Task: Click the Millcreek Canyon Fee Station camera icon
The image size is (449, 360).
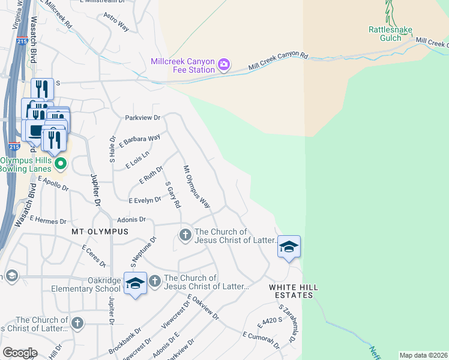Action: point(224,64)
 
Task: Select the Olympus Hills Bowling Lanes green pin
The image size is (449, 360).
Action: point(60,163)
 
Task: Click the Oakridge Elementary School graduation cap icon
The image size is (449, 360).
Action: point(135,283)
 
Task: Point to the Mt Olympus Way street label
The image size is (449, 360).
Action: point(196,187)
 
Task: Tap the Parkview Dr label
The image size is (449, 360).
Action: point(143,118)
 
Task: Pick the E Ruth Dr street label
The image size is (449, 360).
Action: point(151,176)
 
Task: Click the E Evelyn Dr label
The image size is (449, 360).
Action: point(145,200)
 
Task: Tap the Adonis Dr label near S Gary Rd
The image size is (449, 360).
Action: point(131,220)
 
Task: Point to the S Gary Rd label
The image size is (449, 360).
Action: point(172,196)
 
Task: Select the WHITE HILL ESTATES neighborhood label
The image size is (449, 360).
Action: point(294,291)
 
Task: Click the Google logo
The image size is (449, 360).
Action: point(20,352)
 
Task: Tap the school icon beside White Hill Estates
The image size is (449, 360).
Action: point(289,247)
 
